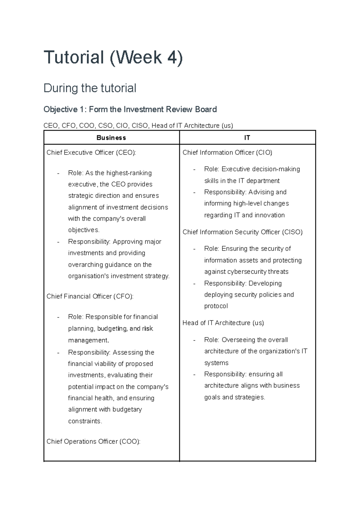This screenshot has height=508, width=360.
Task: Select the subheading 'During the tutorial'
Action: point(90,88)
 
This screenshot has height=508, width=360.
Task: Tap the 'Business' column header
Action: point(111,138)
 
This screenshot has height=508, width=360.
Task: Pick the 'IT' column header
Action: point(247,138)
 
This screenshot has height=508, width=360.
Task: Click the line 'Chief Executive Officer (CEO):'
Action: point(91,152)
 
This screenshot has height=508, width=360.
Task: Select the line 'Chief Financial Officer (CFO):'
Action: point(90,296)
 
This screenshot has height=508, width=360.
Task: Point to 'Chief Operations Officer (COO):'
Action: point(93,441)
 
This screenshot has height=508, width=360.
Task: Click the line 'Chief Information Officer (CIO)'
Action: point(227,152)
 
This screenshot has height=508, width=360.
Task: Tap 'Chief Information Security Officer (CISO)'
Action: point(242,232)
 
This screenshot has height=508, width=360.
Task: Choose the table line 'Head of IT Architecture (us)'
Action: point(223,323)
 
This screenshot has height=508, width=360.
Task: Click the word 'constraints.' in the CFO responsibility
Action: point(85,421)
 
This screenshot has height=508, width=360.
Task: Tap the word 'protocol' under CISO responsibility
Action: point(216,306)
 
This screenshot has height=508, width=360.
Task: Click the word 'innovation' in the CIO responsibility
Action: point(269,215)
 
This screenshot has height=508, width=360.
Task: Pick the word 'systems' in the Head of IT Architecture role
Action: point(216,363)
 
